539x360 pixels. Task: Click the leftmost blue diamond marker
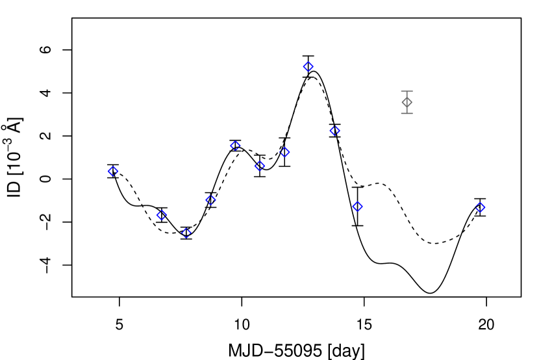[113, 172]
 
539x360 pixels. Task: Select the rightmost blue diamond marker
[480, 207]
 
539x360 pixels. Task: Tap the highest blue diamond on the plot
[308, 67]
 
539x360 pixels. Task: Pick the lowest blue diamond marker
[186, 233]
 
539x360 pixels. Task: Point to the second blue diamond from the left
[162, 215]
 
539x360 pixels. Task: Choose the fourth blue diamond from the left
[211, 200]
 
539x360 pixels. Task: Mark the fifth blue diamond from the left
[236, 146]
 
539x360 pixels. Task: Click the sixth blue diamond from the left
[260, 166]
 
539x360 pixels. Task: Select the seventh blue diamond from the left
[284, 152]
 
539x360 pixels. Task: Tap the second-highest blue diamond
[335, 131]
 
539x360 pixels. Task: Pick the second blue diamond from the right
[357, 207]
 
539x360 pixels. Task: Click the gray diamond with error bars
[407, 102]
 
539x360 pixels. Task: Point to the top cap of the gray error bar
[407, 92]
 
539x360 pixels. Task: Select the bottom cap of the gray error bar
[407, 113]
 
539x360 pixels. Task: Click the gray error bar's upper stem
[407, 95]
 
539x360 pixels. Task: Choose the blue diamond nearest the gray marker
[335, 131]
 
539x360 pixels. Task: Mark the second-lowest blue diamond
[162, 215]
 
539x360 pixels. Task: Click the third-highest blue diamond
[236, 146]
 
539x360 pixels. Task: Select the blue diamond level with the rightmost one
[357, 207]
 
